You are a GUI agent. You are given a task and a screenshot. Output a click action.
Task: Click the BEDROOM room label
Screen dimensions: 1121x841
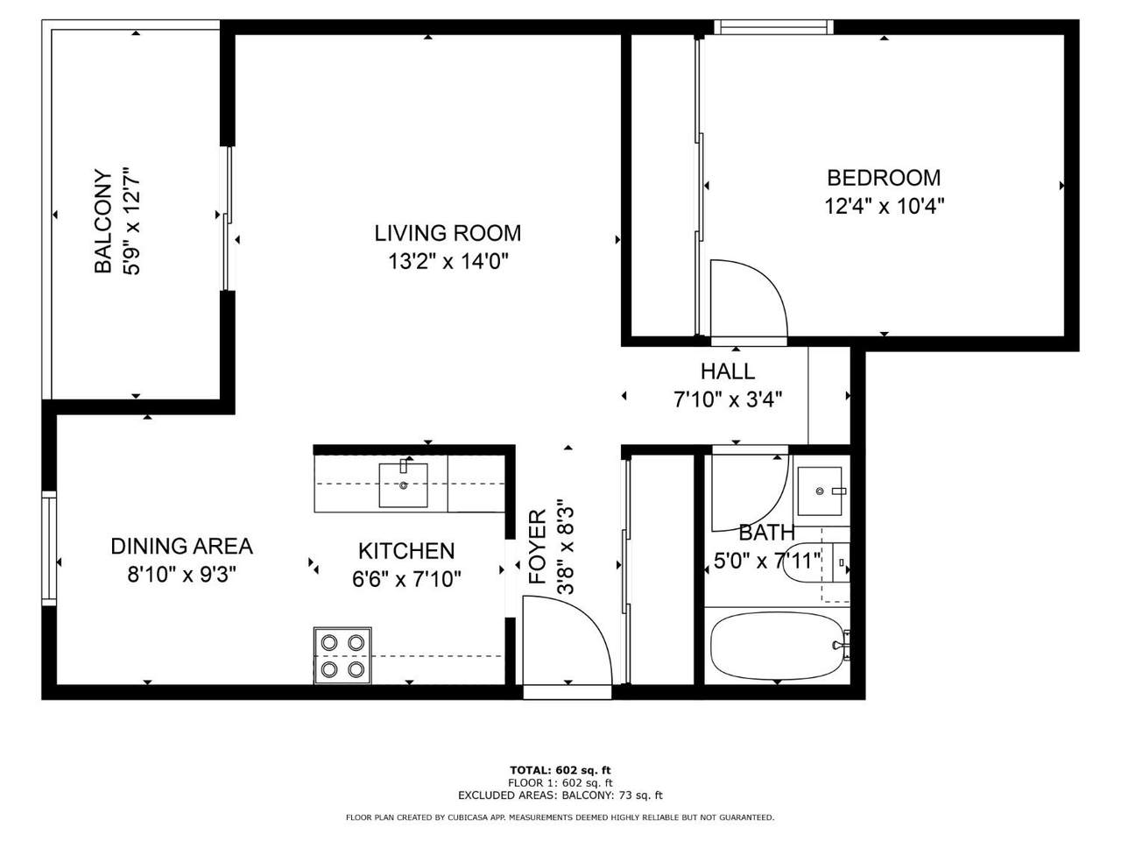tap(883, 178)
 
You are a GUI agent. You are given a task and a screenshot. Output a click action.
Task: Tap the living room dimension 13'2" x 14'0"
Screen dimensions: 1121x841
tap(448, 262)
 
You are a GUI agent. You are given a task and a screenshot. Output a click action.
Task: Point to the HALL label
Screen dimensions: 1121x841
tap(727, 371)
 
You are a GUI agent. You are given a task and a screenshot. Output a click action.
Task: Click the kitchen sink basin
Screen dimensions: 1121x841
tap(403, 485)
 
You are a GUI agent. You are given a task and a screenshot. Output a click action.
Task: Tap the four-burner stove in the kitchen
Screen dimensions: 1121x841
tap(342, 655)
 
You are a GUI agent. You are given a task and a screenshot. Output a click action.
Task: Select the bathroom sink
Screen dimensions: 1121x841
tap(820, 491)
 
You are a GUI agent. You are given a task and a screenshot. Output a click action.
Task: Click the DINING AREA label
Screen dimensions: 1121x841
tap(182, 547)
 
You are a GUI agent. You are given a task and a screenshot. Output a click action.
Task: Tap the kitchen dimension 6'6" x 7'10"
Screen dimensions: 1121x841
tap(406, 580)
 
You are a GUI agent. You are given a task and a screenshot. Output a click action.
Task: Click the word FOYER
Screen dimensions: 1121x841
tap(538, 547)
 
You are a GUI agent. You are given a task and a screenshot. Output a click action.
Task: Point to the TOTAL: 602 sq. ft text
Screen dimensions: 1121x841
tap(560, 770)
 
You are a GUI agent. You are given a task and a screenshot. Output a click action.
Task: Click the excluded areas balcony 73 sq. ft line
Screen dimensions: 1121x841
tap(560, 795)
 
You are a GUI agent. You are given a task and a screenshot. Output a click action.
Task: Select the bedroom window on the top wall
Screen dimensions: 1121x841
tap(773, 27)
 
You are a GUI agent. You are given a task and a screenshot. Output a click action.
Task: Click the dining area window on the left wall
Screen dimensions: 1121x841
tap(49, 548)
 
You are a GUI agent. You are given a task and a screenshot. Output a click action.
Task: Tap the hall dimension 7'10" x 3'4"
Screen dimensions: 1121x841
tap(728, 399)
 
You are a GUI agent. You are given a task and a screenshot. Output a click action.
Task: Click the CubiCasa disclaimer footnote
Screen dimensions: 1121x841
tap(560, 817)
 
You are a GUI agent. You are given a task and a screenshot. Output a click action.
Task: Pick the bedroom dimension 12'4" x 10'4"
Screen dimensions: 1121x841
tap(884, 207)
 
